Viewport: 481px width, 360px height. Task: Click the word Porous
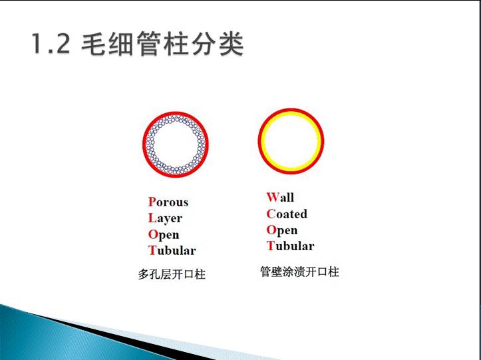(168, 202)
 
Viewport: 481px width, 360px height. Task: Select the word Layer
(165, 218)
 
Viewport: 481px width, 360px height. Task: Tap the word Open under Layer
(164, 235)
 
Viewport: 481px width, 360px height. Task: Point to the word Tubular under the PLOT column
(172, 250)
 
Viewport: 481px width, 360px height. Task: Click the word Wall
(280, 197)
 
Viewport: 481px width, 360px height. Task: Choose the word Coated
(287, 214)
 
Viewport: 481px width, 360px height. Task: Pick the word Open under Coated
(282, 230)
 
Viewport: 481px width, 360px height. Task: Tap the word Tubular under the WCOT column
(290, 246)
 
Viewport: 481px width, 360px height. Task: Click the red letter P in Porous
(152, 202)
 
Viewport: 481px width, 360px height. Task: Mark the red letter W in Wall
(272, 197)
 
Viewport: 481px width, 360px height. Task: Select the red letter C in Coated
(271, 214)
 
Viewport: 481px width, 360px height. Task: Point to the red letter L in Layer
(152, 218)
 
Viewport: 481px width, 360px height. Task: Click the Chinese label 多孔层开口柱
(172, 274)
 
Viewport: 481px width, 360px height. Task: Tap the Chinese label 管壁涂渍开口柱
(299, 272)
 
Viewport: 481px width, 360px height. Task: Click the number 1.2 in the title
(51, 44)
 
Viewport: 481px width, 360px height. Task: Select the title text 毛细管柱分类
(162, 44)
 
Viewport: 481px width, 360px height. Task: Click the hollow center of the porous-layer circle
(176, 144)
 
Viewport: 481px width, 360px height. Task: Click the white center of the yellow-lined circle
(291, 141)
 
